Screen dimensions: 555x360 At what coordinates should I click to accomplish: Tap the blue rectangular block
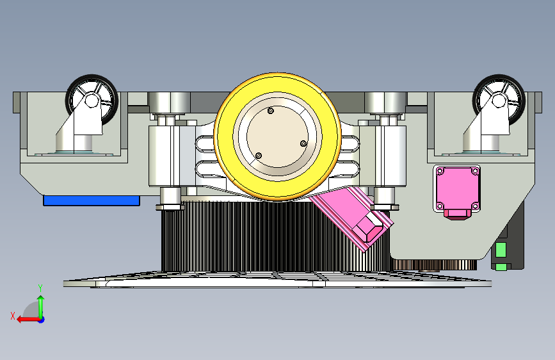(92, 200)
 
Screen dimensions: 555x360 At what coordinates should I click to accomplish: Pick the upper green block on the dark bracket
(501, 250)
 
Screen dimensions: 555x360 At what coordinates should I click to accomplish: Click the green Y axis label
(40, 288)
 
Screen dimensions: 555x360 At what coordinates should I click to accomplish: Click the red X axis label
(13, 316)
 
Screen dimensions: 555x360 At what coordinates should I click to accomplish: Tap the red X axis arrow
(29, 320)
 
